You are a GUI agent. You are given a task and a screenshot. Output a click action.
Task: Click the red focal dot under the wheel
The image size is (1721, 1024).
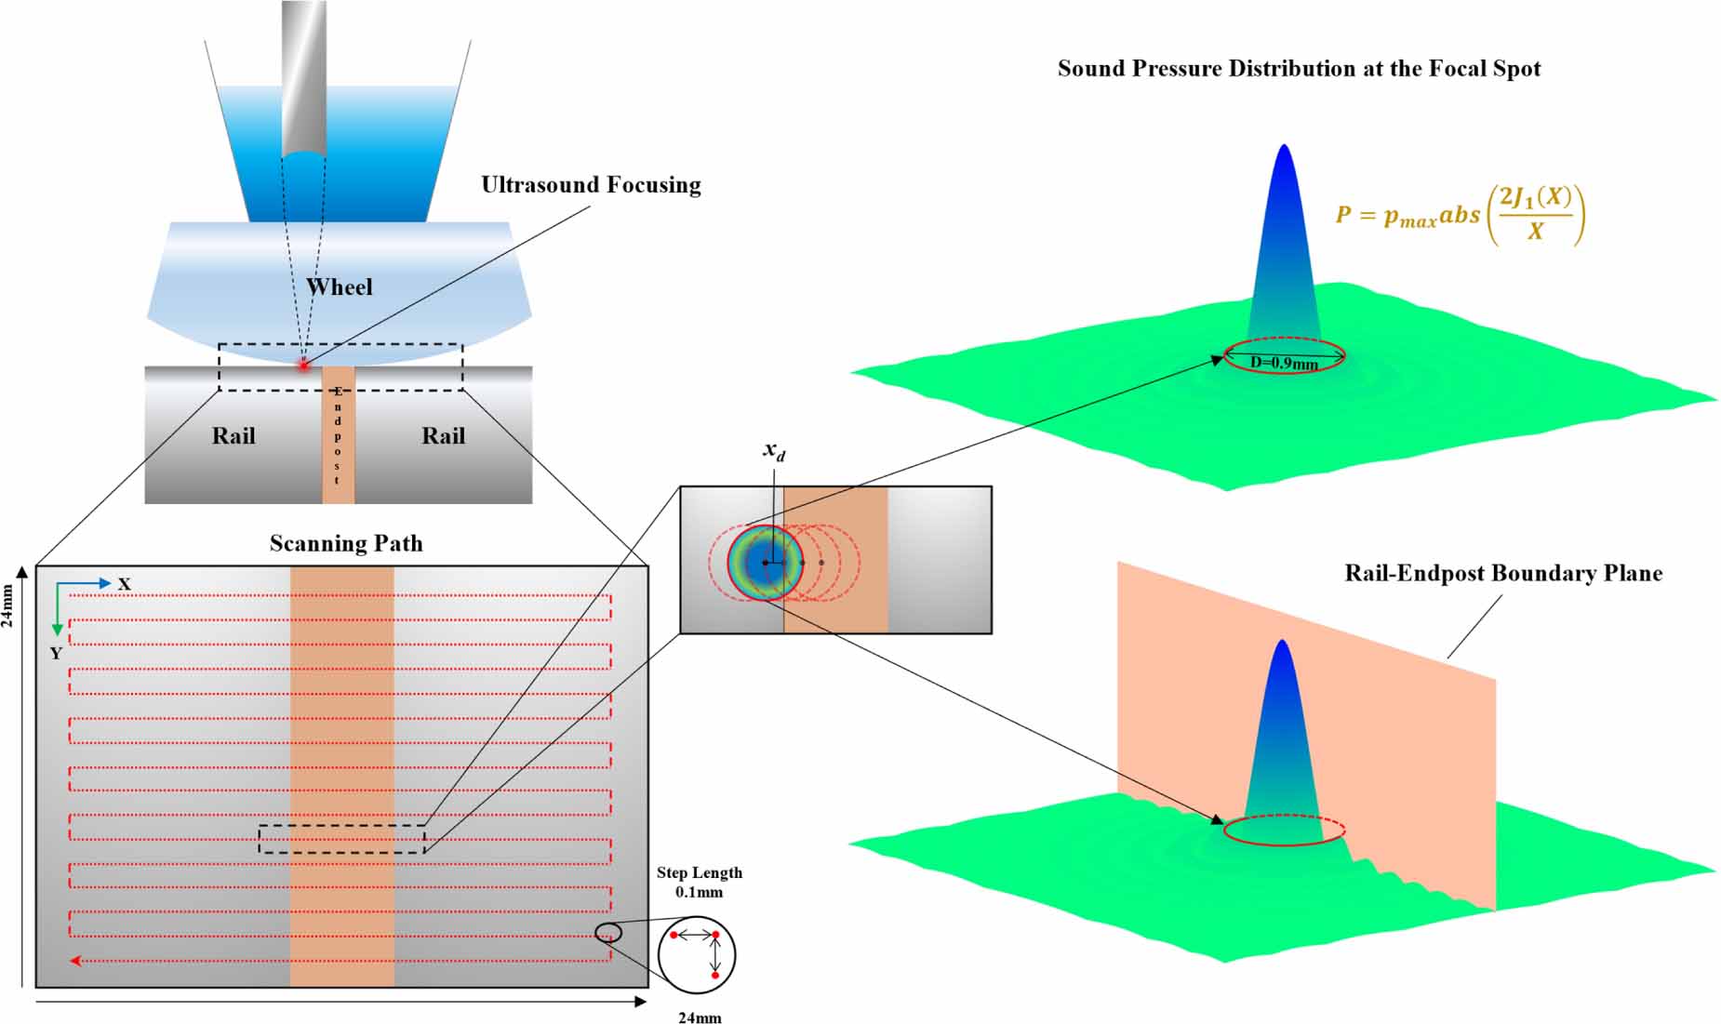point(303,365)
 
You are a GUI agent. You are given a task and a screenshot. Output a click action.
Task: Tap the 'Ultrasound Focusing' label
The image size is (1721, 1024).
point(591,185)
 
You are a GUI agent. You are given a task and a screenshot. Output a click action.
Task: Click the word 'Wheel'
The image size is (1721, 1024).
point(340,287)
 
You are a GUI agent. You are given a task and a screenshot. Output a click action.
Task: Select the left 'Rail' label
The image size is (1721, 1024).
point(233,436)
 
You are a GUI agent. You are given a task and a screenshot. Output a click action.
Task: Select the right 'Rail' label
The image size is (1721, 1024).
point(444,436)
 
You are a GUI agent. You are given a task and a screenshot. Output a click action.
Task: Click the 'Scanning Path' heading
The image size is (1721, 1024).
point(346,544)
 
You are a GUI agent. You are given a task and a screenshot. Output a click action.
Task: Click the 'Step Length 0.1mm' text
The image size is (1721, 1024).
point(700,882)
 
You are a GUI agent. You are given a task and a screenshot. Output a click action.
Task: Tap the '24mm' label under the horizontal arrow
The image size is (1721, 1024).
point(700,1017)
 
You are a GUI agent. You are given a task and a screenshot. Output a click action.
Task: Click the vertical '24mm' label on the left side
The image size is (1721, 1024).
point(8,605)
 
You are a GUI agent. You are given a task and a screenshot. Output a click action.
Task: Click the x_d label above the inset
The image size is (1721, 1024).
point(774,451)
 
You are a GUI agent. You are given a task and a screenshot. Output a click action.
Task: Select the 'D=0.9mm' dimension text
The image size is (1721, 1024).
point(1284,364)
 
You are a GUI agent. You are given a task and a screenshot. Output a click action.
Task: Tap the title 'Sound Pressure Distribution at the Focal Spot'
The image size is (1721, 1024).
point(1299,69)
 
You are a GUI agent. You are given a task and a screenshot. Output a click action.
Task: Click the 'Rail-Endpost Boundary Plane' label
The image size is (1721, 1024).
point(1502,573)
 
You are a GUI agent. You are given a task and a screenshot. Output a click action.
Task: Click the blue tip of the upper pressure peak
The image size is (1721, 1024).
point(1284,154)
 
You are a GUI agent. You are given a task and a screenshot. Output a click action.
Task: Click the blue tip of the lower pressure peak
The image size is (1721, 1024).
point(1283,648)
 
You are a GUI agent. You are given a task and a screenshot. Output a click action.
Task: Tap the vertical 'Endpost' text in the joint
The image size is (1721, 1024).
point(338,434)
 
